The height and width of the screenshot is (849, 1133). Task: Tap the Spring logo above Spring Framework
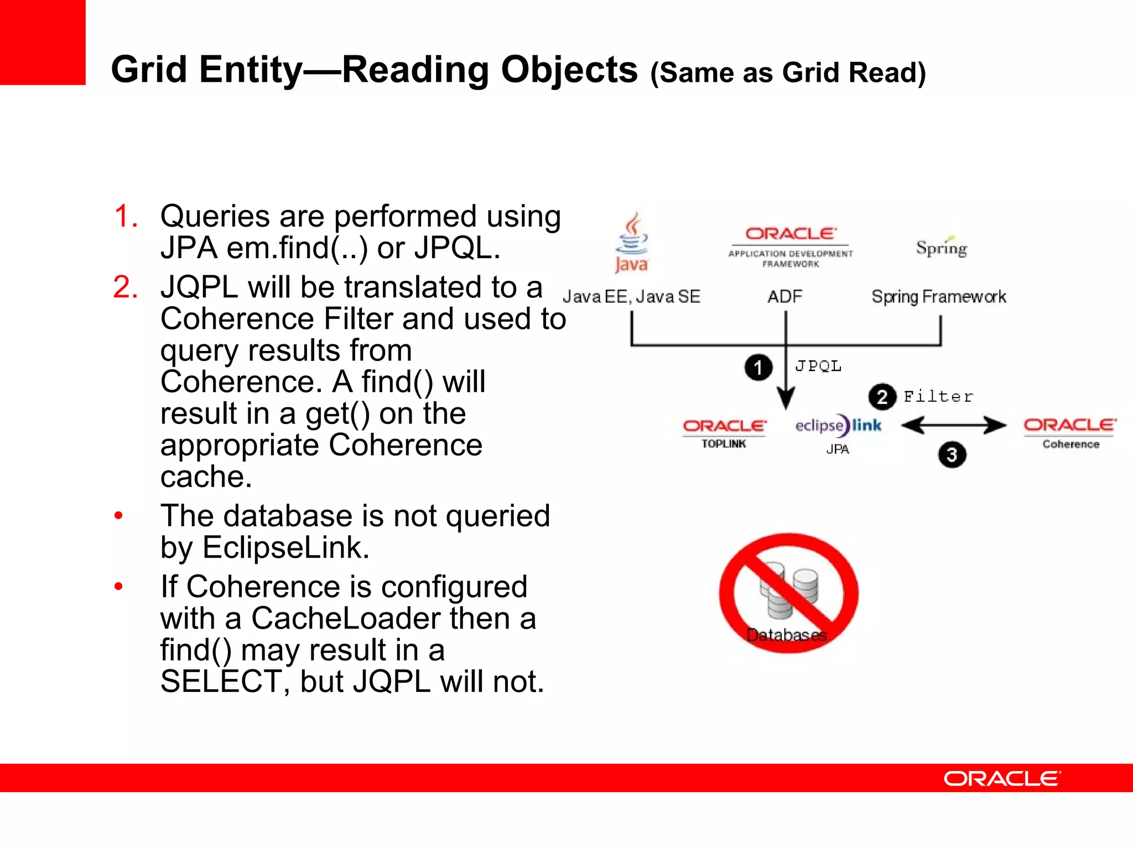[x=941, y=247]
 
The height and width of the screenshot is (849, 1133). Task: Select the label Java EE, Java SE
[x=631, y=297]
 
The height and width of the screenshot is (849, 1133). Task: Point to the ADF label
[x=784, y=297]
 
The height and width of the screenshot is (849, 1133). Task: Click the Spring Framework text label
[x=939, y=297]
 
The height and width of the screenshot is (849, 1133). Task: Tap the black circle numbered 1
[x=758, y=368]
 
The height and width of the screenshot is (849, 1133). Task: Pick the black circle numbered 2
[x=882, y=397]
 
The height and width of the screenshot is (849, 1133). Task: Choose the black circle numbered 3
[x=952, y=455]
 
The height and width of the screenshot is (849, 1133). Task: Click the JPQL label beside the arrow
[x=818, y=366]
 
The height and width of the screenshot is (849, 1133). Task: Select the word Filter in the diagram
[x=938, y=396]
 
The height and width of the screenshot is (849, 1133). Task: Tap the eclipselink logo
[x=838, y=426]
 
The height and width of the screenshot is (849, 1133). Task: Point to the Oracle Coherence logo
[x=1070, y=432]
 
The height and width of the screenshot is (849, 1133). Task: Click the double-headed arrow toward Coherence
[x=953, y=426]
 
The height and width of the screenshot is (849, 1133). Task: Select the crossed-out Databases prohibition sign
[x=788, y=593]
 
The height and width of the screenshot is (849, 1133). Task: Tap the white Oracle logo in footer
[x=1002, y=778]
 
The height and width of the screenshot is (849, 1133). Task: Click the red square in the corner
[x=43, y=42]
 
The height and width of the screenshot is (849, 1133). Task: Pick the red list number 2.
[x=126, y=287]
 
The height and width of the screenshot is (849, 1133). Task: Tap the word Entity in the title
[x=251, y=70]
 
